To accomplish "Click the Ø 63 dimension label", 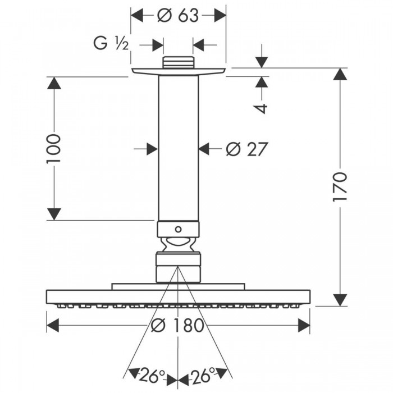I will click(x=178, y=16).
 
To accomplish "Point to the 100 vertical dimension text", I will click(x=53, y=148).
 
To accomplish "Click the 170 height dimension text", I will click(x=341, y=187).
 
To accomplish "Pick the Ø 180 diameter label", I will click(x=178, y=325).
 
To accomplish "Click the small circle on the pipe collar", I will click(x=178, y=229).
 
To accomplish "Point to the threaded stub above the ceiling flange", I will click(x=178, y=62).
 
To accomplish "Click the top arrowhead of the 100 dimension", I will click(x=54, y=84).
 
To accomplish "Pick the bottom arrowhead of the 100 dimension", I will click(x=54, y=213).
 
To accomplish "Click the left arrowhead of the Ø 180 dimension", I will click(x=53, y=325).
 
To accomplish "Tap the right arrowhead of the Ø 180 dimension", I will click(x=303, y=325).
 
